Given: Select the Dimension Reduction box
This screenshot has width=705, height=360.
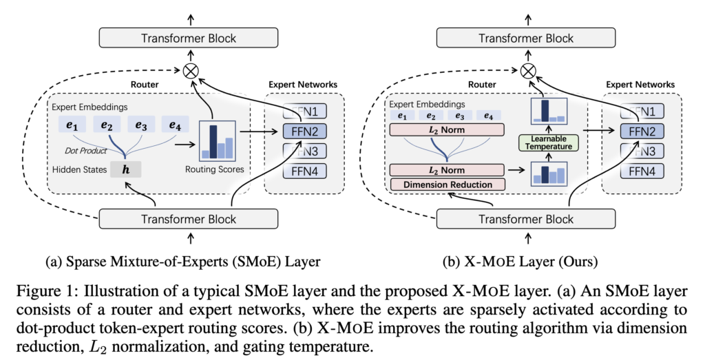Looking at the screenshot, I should [447, 184].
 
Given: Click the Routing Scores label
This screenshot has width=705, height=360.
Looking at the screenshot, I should [217, 168].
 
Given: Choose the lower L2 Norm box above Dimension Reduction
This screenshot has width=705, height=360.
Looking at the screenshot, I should [447, 169].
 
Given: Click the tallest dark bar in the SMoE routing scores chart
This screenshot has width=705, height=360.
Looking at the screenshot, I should [213, 140].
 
